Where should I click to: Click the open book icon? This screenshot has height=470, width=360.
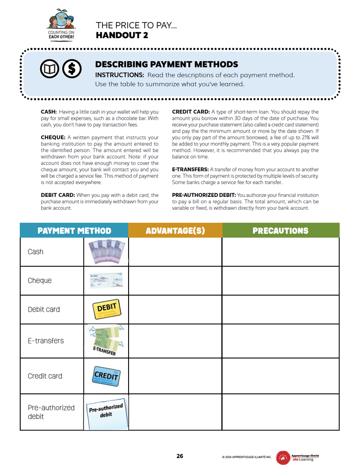[x=49, y=69]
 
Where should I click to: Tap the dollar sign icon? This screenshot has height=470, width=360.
[x=71, y=69]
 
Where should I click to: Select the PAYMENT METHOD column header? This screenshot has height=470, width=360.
[x=74, y=230]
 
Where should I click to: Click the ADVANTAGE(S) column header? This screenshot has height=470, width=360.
[x=175, y=230]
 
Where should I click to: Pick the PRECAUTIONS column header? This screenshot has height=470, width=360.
[x=280, y=230]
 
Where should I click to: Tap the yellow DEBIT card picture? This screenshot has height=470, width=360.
[x=107, y=309]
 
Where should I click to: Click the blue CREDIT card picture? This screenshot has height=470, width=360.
[x=107, y=375]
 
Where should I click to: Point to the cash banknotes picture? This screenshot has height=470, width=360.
[x=107, y=252]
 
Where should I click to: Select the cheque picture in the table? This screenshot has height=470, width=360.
[x=106, y=280]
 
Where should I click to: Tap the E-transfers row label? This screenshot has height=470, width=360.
[x=45, y=341]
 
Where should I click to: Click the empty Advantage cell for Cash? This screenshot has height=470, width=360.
[x=175, y=252]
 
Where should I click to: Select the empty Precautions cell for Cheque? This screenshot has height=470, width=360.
[x=280, y=280]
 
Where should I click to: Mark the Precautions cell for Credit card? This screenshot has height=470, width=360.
[x=280, y=375]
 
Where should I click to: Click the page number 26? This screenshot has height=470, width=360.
[x=180, y=456]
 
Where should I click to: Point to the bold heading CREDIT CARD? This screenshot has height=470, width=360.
[x=191, y=112]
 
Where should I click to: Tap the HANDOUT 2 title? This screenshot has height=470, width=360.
[x=122, y=35]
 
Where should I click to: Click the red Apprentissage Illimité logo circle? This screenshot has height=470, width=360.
[x=283, y=457]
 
